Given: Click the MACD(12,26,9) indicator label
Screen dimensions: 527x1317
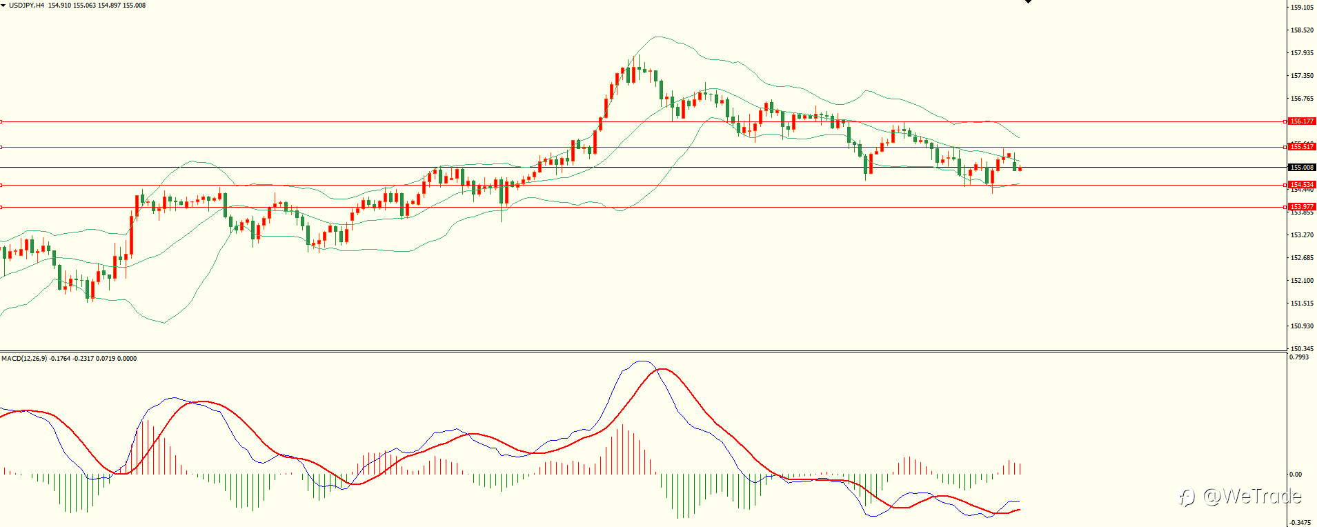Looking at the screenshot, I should pyautogui.click(x=24, y=359).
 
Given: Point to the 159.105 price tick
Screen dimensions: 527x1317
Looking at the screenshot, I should pyautogui.click(x=1302, y=8).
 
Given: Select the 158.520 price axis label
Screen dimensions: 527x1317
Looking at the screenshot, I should pyautogui.click(x=1302, y=30).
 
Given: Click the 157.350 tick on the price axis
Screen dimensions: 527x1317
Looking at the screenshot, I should pyautogui.click(x=1302, y=76).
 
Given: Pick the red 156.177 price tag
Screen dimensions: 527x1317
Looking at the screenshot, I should pyautogui.click(x=1303, y=121).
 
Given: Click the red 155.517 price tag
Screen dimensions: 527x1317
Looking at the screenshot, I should pyautogui.click(x=1303, y=147).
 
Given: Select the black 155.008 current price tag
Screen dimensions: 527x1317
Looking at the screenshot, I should pyautogui.click(x=1303, y=168).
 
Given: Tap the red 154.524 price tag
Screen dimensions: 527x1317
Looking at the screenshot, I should pyautogui.click(x=1303, y=185).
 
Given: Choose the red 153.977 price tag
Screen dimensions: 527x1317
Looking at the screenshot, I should pyautogui.click(x=1303, y=207).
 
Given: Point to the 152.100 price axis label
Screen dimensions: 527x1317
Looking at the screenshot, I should pyautogui.click(x=1302, y=281).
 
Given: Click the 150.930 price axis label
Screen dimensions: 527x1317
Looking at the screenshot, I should pyautogui.click(x=1302, y=326).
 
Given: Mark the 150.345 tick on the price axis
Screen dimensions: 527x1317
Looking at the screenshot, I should pyautogui.click(x=1302, y=349).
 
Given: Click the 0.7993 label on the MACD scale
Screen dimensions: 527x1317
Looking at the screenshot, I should pyautogui.click(x=1299, y=357).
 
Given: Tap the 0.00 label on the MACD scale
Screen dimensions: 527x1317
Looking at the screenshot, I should pyautogui.click(x=1296, y=475).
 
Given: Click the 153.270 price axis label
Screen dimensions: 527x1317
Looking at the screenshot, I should pyautogui.click(x=1302, y=235).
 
